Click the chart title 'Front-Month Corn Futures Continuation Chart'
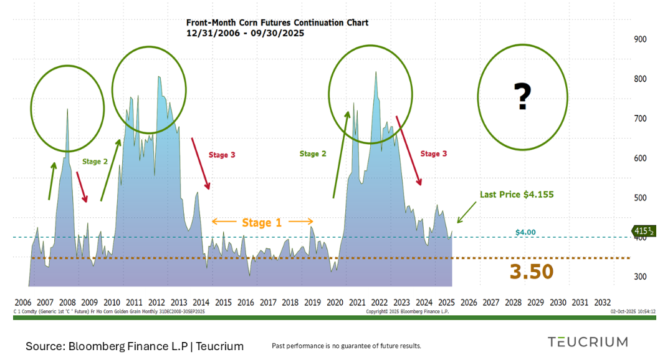click(277, 22)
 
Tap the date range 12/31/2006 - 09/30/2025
click(245, 33)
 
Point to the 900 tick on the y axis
click(639, 39)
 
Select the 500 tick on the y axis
click(639, 198)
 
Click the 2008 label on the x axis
click(67, 303)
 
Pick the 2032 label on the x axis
click(603, 303)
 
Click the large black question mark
click(522, 97)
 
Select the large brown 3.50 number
click(532, 271)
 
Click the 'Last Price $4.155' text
click(516, 195)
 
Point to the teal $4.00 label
click(525, 232)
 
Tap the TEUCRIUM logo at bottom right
click(588, 341)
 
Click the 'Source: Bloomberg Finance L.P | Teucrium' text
click(135, 346)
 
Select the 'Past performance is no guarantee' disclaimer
click(347, 346)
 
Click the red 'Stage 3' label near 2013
click(222, 155)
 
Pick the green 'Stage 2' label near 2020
click(313, 154)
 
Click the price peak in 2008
click(67, 110)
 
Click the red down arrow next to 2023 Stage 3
click(409, 150)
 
